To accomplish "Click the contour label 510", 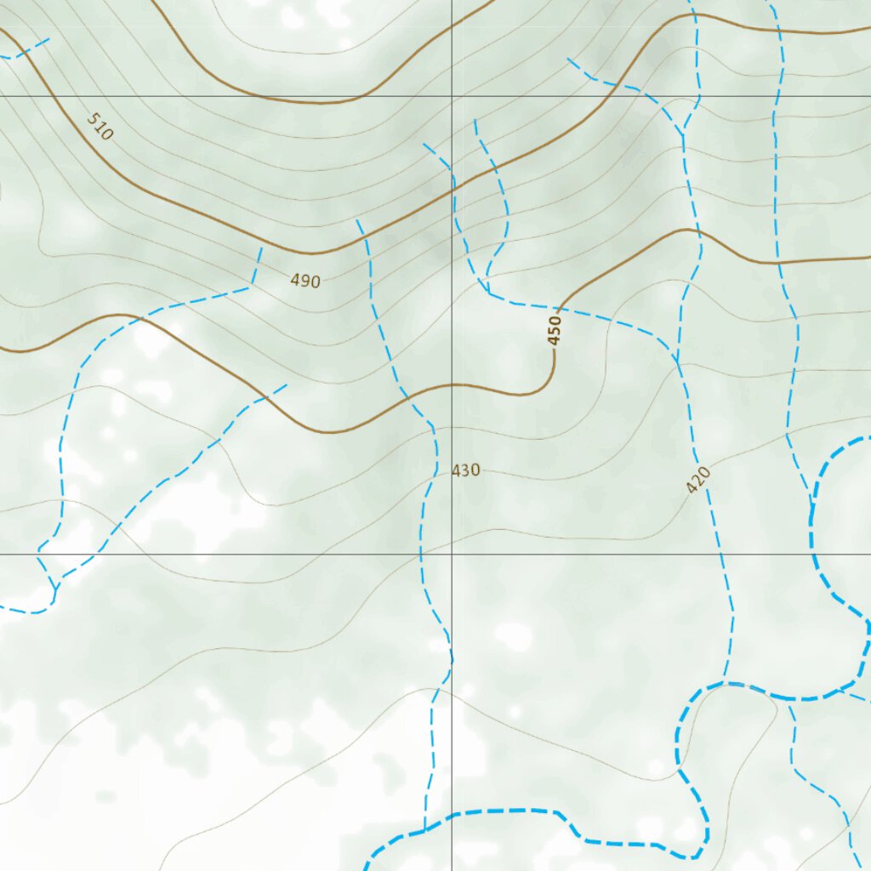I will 100,126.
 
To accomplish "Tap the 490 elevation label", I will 305,281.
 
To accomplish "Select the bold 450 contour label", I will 555,330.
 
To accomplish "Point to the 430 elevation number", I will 466,470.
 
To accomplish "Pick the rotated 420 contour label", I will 697,481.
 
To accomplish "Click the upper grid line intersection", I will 452,96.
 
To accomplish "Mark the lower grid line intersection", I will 452,555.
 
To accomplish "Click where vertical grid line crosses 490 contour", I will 452,194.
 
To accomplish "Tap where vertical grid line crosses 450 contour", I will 452,384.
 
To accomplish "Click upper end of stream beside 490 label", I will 261,248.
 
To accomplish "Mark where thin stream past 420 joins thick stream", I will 725,682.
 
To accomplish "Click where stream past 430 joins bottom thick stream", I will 424,830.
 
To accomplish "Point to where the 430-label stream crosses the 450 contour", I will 407,396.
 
